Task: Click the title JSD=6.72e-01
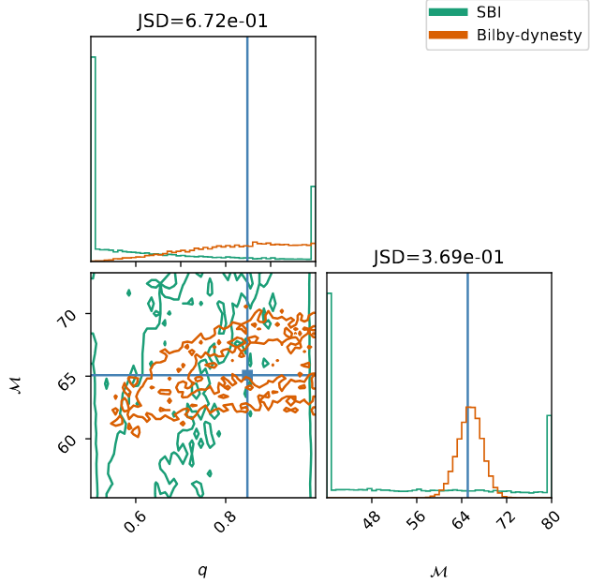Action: click(x=203, y=22)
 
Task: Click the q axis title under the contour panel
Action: click(x=202, y=570)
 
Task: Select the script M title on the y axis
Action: click(x=16, y=385)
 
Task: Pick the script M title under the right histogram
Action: click(x=439, y=570)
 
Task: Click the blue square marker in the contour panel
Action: click(x=247, y=376)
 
